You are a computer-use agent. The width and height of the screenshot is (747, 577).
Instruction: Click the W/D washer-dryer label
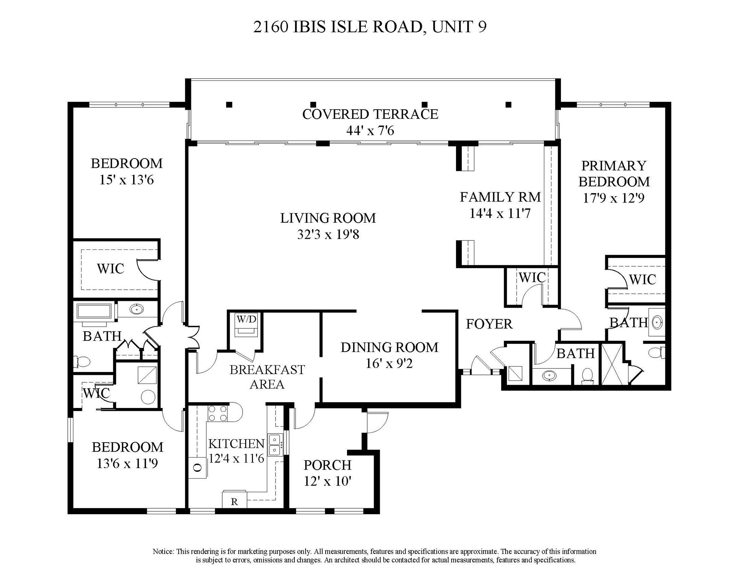[x=246, y=319]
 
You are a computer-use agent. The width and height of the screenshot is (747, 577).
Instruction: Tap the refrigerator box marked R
[x=234, y=501]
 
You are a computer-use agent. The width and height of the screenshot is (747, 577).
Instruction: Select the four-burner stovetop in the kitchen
[x=218, y=413]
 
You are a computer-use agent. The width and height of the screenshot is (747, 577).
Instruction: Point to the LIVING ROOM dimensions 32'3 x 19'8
[x=328, y=235]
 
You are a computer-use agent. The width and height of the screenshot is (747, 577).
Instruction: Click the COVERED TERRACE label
[x=370, y=114]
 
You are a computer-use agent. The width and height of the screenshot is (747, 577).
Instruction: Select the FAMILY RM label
[x=500, y=197]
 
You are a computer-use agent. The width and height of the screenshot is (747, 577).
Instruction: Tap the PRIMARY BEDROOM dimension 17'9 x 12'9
[x=613, y=198]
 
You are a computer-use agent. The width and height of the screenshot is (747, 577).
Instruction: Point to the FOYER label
[x=489, y=324]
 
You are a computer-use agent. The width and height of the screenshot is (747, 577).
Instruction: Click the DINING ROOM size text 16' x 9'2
[x=389, y=364]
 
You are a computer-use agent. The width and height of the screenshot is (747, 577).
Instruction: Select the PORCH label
[x=327, y=465]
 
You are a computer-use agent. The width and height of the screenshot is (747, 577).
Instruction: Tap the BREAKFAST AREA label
[x=267, y=377]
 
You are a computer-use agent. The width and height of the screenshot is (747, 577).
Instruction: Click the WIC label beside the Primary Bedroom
[x=642, y=279]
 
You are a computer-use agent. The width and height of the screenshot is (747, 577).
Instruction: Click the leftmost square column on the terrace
[x=229, y=105]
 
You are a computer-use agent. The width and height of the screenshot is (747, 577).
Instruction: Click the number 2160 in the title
[x=270, y=27]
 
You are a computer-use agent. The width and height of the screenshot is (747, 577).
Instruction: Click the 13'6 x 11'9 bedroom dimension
[x=127, y=464]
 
